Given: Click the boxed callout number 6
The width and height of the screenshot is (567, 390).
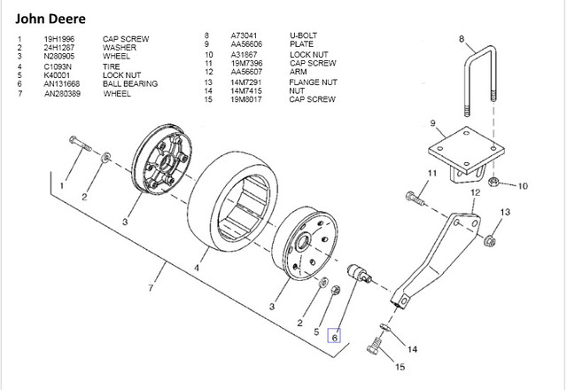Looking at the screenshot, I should point(334,337).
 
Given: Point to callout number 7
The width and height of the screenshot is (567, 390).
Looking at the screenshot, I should point(152,289).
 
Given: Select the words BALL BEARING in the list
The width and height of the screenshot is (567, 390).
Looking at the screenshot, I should point(130,83).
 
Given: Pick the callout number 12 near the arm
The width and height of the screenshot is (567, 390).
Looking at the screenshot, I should point(475,192).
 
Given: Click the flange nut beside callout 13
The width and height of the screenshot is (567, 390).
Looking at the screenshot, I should point(490,239).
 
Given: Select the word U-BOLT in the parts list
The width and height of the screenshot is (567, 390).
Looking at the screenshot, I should point(303,35).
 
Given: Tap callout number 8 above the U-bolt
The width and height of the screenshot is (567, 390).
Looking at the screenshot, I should point(461,38).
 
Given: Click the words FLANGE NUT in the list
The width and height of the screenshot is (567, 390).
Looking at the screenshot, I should point(313,82).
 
